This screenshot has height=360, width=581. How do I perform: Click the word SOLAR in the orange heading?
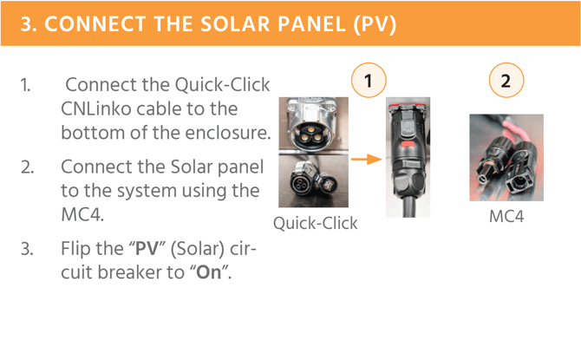pyautogui.click(x=236, y=24)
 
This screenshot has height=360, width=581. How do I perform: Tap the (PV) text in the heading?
pyautogui.click(x=375, y=24)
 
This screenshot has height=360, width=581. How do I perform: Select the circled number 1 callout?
pyautogui.click(x=369, y=81)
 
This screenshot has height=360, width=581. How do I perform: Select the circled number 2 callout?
pyautogui.click(x=506, y=81)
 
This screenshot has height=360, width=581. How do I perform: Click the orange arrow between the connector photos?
pyautogui.click(x=367, y=160)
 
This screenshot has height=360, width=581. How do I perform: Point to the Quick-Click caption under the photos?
pyautogui.click(x=316, y=223)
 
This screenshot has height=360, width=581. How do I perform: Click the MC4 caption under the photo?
pyautogui.click(x=506, y=217)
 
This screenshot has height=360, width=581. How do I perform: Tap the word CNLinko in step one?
pyautogui.click(x=96, y=109)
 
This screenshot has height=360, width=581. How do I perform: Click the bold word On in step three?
pyautogui.click(x=209, y=272)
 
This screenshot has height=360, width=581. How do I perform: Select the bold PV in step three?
pyautogui.click(x=147, y=248)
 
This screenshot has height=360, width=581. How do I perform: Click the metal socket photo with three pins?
pyautogui.click(x=313, y=124)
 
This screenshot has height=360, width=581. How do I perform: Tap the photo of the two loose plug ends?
pyautogui.click(x=313, y=180)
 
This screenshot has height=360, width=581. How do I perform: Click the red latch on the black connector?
pyautogui.click(x=408, y=144)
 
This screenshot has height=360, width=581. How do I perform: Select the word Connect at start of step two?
pyautogui.click(x=85, y=167)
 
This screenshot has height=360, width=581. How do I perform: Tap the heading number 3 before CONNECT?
pyautogui.click(x=28, y=24)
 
